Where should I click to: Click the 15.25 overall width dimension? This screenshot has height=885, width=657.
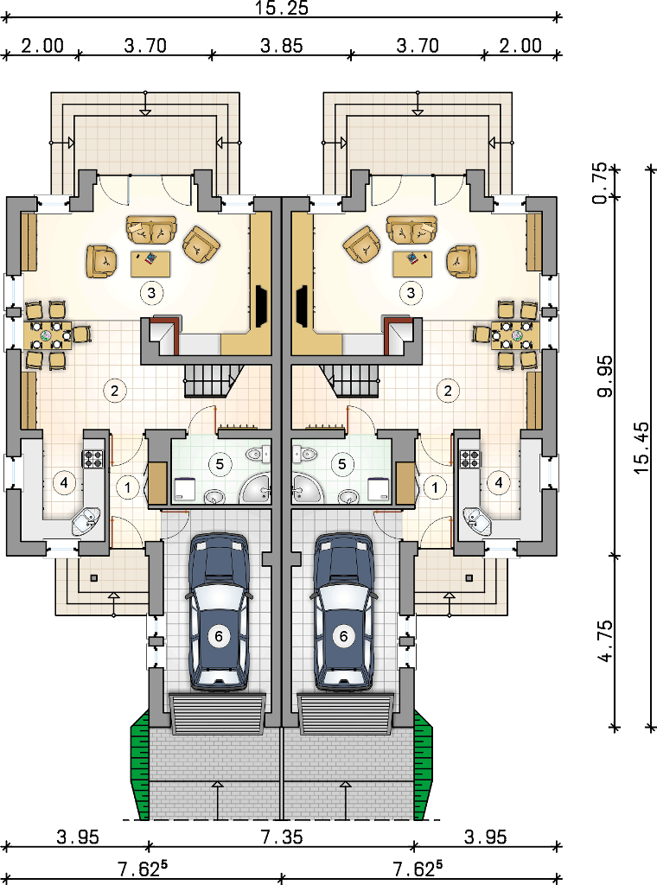(x=281, y=8)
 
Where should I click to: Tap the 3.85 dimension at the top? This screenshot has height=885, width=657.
(x=281, y=46)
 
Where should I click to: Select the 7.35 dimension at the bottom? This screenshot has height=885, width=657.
(x=281, y=837)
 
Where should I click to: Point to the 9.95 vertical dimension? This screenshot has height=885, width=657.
(x=604, y=376)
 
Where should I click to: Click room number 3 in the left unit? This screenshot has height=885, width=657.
(x=151, y=293)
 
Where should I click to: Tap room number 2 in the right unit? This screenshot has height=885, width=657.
(x=448, y=391)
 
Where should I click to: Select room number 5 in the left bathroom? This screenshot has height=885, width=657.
(x=220, y=464)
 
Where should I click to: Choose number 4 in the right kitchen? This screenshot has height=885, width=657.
(x=499, y=482)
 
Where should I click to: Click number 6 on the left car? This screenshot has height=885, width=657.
(x=219, y=637)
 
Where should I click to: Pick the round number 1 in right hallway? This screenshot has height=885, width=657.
(x=435, y=487)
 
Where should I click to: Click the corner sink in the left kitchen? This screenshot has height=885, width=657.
(x=86, y=521)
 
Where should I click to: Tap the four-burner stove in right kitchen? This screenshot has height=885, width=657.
(x=469, y=459)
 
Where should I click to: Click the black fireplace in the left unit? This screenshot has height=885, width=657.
(x=261, y=307)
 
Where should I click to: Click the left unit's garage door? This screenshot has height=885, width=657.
(x=218, y=714)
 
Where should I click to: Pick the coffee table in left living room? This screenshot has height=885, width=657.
(x=150, y=264)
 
